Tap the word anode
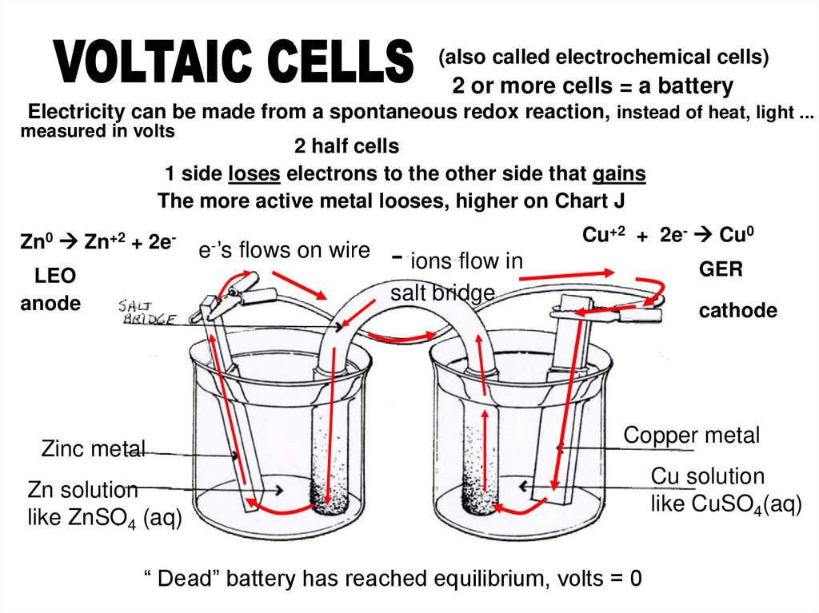[x=50, y=304]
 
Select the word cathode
[x=738, y=311]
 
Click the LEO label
[x=54, y=277]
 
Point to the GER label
[x=721, y=269]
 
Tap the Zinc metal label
[x=93, y=449]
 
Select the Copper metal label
[x=691, y=436]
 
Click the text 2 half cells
[x=346, y=147]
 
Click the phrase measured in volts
[x=97, y=132]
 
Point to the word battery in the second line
[x=693, y=86]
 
